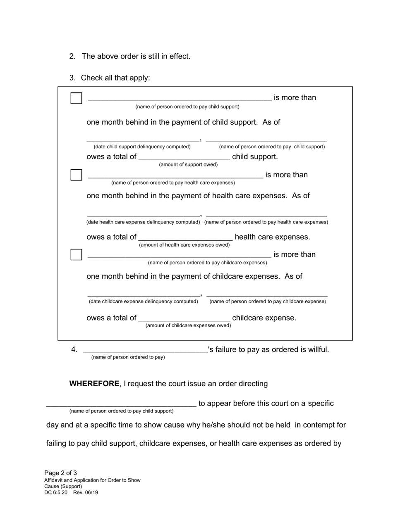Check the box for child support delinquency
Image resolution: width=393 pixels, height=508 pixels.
(76, 98)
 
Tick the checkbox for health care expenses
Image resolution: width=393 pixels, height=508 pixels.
(76, 175)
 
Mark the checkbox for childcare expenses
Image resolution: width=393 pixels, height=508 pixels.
(76, 255)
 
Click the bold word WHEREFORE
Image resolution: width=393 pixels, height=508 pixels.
(94, 384)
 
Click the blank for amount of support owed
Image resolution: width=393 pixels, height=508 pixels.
(184, 157)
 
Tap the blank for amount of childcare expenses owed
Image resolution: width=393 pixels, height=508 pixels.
(184, 318)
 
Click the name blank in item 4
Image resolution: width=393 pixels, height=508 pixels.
(145, 350)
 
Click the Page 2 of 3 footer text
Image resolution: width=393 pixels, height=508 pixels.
(60, 473)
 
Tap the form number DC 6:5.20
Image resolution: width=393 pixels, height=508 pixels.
(56, 493)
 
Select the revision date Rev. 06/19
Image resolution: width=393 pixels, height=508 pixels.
(86, 493)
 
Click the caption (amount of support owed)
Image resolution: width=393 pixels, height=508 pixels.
(188, 164)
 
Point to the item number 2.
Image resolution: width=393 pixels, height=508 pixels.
(72, 56)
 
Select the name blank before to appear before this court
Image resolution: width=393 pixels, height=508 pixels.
(121, 404)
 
